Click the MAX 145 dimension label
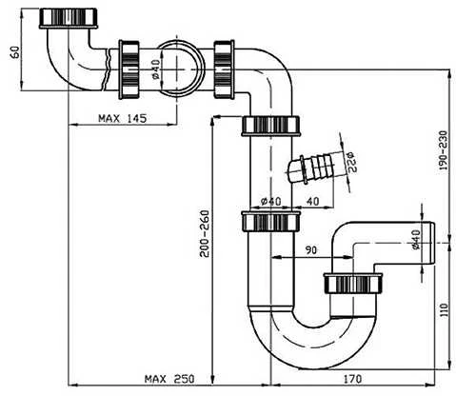pyautogui.click(x=123, y=118)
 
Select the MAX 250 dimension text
pyautogui.click(x=169, y=379)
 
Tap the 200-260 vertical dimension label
pyautogui.click(x=205, y=233)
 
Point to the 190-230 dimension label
pyautogui.click(x=443, y=150)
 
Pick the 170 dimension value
pyautogui.click(x=352, y=379)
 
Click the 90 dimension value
pyautogui.click(x=311, y=250)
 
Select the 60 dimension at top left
pyautogui.click(x=15, y=52)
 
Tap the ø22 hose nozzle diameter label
pyautogui.click(x=351, y=162)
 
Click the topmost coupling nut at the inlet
pyautogui.click(x=69, y=18)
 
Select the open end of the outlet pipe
pyautogui.click(x=433, y=243)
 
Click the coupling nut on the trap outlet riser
pyautogui.click(x=353, y=282)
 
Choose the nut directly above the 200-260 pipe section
pyautogui.click(x=270, y=126)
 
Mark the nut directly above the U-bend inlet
pyautogui.click(x=270, y=221)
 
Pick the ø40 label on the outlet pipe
pyautogui.click(x=416, y=240)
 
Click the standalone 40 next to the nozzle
pyautogui.click(x=313, y=201)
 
